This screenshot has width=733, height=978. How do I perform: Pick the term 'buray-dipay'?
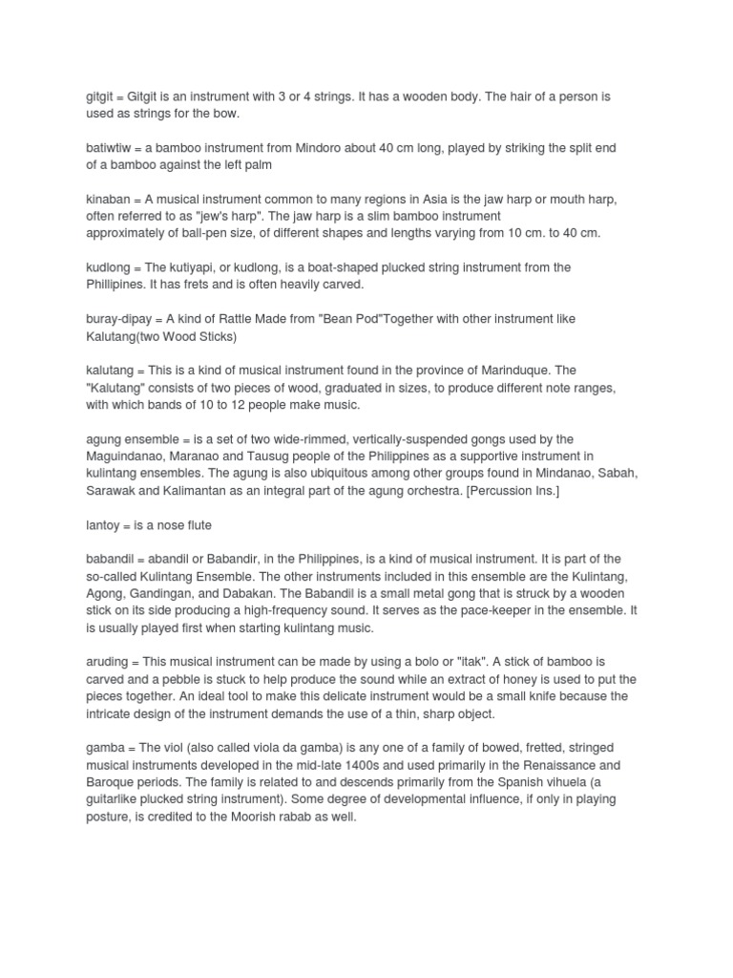pyautogui.click(x=120, y=318)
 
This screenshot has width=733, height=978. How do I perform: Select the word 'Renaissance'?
pyautogui.click(x=559, y=764)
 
